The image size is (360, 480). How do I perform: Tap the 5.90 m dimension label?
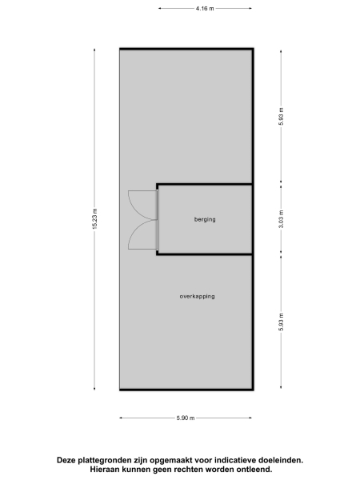[x=186, y=418]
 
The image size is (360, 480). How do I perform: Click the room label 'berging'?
[x=205, y=219]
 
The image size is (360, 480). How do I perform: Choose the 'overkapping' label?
[x=197, y=296]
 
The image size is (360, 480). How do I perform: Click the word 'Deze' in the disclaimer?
[x=66, y=460]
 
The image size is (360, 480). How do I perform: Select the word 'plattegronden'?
[x=106, y=460]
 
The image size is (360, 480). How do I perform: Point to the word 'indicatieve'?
[x=238, y=460]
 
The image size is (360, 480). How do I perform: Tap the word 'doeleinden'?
[x=282, y=460]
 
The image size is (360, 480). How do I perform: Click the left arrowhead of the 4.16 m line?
[x=159, y=8]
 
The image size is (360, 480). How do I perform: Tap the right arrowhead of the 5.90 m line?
[x=251, y=418]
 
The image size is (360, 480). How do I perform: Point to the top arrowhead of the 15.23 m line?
[x=94, y=50]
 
